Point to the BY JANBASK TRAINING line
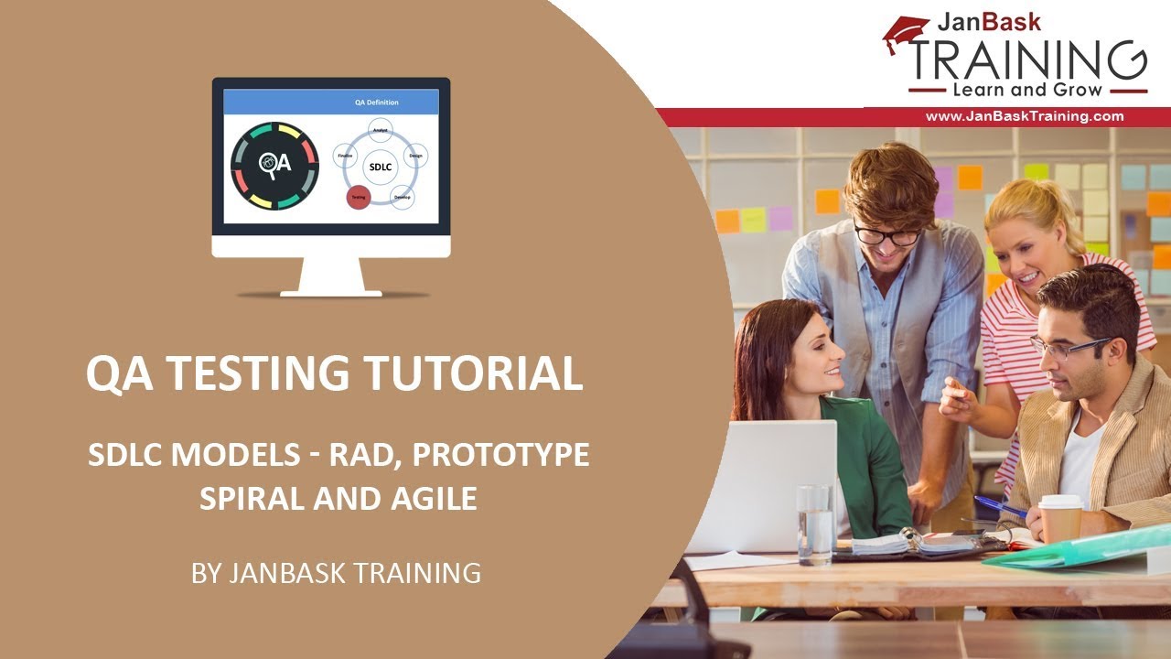(336, 573)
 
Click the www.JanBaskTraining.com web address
(1024, 116)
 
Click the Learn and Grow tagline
(1027, 91)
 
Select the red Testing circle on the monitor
(359, 196)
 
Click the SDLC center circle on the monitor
(379, 167)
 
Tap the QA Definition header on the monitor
(376, 103)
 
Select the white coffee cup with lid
(1060, 519)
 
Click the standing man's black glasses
(887, 235)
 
